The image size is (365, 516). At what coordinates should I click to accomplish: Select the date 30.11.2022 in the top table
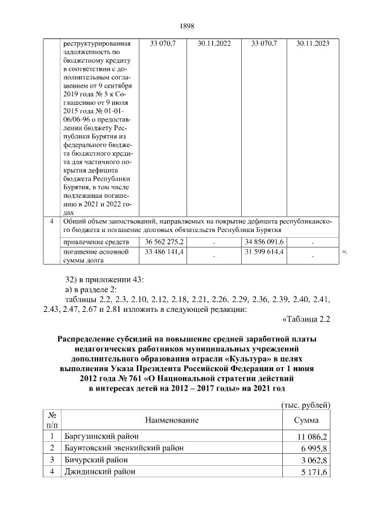click(214, 43)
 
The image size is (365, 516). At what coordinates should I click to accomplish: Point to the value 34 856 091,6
click(263, 242)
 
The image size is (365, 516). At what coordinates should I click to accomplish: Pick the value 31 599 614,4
click(263, 252)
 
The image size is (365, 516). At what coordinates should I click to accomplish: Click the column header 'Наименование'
click(172, 420)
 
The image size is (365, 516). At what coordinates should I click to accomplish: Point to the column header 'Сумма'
click(306, 420)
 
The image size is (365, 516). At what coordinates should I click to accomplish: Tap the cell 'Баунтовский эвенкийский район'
click(124, 448)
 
